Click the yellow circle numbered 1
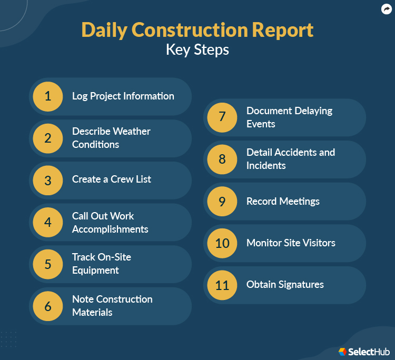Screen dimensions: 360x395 point(48,96)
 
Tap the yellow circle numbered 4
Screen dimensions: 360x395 point(48,222)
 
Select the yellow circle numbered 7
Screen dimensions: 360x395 point(222,117)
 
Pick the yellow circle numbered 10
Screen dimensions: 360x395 point(222,243)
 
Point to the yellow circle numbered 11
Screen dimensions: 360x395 point(222,285)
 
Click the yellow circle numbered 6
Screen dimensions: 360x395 point(48,306)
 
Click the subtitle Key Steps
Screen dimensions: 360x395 point(197,50)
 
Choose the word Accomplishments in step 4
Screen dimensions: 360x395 point(110,229)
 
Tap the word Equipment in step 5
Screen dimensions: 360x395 point(95,271)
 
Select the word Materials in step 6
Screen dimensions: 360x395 point(92,313)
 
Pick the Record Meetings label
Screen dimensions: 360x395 point(283,202)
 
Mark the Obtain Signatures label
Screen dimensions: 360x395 point(285,285)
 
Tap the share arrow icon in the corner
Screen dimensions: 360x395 point(386,9)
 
